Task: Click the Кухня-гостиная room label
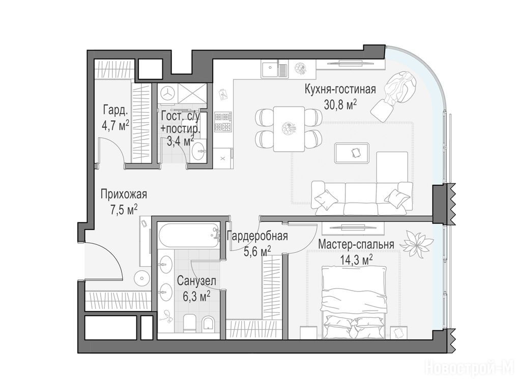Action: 340,90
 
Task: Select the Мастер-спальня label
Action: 356,244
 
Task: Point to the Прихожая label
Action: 124,194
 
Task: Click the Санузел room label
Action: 196,281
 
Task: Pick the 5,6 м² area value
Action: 257,251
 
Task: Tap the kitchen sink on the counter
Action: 274,70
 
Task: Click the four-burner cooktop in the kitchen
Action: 223,122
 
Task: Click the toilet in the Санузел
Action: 190,322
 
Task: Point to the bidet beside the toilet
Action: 208,323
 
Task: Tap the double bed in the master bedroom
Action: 354,302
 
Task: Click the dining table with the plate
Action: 289,129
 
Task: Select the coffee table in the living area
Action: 352,153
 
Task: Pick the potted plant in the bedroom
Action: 416,244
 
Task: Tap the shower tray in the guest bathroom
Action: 192,94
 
